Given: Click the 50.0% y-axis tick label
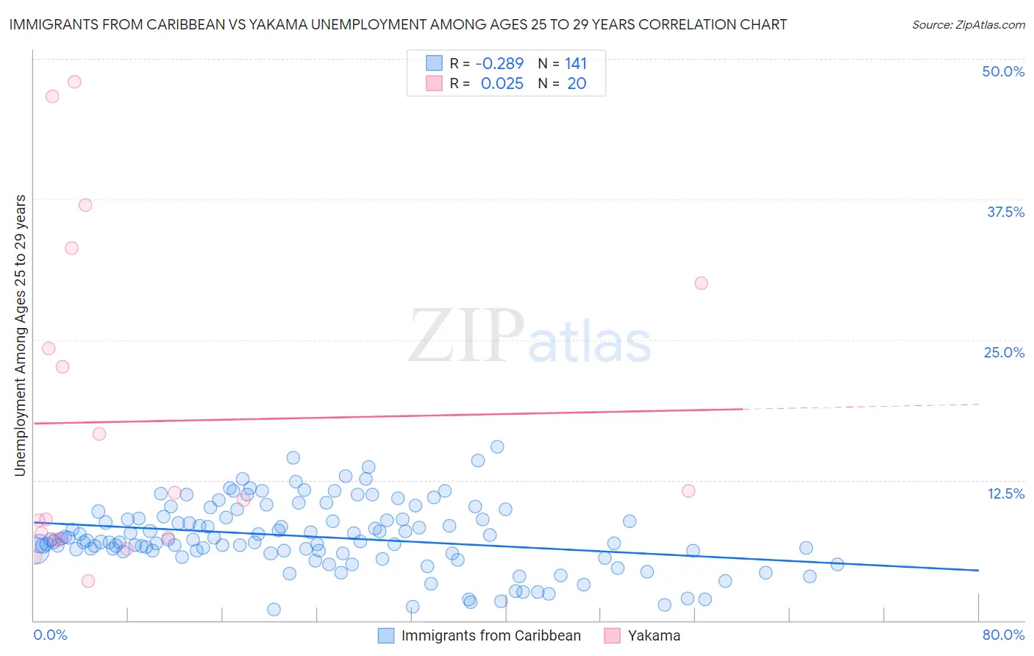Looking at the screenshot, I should coord(1003,71).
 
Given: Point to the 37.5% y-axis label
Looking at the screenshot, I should coord(1005,212).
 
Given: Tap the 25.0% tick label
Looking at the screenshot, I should coord(1004,352).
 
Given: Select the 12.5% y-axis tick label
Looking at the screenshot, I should coord(1005,493).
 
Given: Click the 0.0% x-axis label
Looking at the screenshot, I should coord(50,635).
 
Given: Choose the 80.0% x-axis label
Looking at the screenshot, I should coord(1003,635).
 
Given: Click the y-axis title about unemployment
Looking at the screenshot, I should coord(21,335).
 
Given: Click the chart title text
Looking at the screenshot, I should coord(398,24).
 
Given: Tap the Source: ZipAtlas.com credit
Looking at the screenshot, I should coord(968,24).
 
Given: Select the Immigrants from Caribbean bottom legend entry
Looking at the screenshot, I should coord(491,635).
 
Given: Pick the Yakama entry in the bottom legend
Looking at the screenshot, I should coord(654,635).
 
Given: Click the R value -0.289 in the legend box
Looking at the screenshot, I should coord(499,63).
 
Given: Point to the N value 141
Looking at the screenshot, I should coord(576,63).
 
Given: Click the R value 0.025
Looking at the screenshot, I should coord(502,83).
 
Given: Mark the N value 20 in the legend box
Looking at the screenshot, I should coord(577,83).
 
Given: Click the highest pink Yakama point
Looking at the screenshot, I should coord(74,82).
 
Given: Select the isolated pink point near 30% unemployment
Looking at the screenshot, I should coord(701,283).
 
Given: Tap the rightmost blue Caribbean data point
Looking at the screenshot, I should coord(837,565).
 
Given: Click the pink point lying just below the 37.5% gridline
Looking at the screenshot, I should coord(85,205).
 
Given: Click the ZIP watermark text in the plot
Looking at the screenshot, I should coord(466,337).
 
